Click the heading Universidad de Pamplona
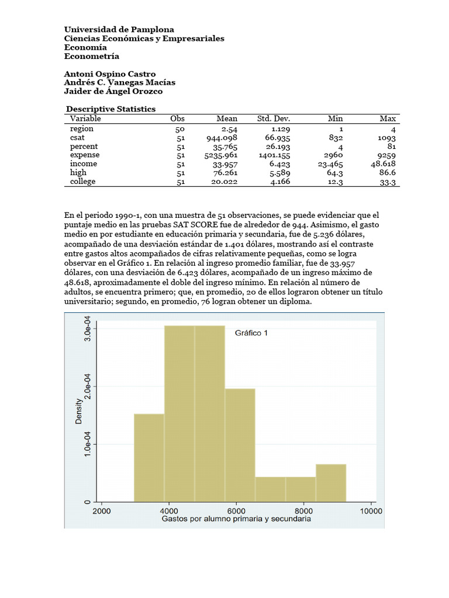119,29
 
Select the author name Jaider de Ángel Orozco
113,91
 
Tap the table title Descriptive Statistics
110,109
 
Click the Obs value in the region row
180,129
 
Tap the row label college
82,182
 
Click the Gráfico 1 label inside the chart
251,333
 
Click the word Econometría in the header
91,56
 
